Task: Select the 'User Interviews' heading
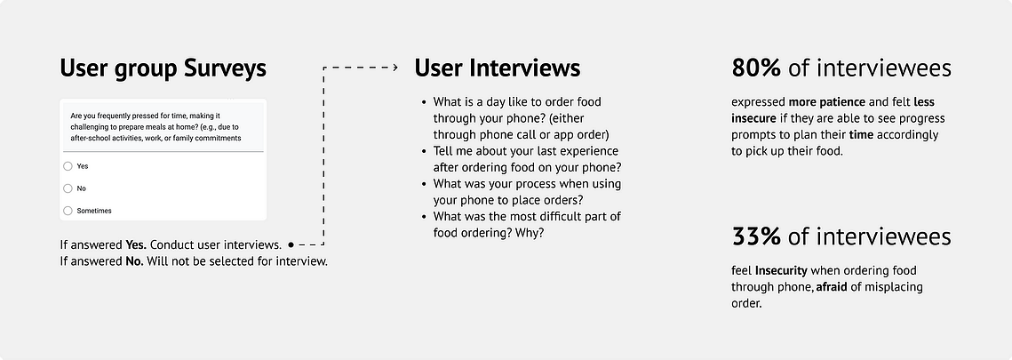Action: pos(498,68)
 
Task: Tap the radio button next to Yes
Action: pos(68,166)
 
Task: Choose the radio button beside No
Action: pos(68,188)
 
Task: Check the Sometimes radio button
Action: pos(68,211)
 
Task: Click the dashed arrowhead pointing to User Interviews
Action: pos(394,67)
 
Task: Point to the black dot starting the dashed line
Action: pos(291,245)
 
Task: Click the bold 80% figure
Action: pos(756,68)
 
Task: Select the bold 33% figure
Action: pos(756,236)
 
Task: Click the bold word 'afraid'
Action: pos(832,286)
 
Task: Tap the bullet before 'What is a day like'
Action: pos(424,102)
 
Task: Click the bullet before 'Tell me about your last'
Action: pos(424,152)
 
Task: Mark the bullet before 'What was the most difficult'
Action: pos(424,218)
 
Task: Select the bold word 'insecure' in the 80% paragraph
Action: pos(753,119)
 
